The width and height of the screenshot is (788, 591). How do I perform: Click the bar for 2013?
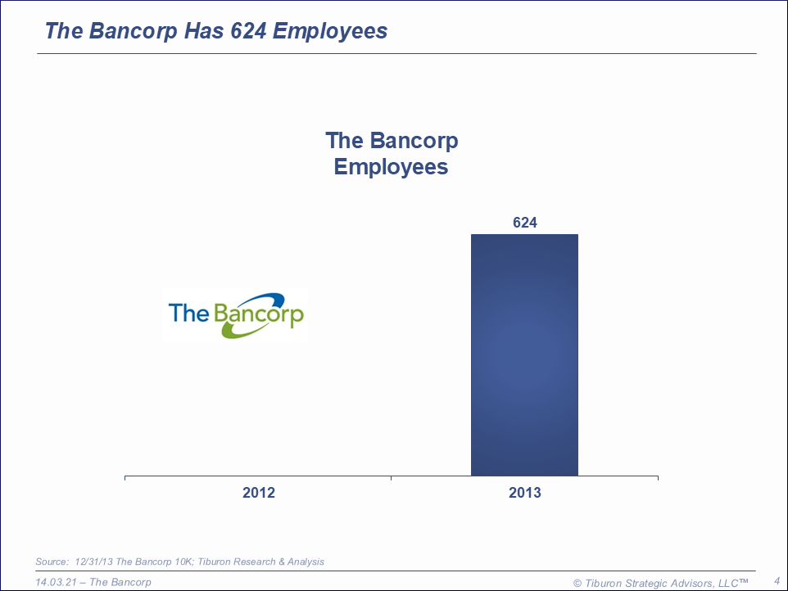tap(524, 354)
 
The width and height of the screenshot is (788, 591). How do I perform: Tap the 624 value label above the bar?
tap(525, 223)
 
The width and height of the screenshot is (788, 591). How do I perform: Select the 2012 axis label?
tap(259, 493)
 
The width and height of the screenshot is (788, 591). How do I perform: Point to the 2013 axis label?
tap(525, 493)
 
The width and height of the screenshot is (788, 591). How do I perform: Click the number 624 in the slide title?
tap(248, 30)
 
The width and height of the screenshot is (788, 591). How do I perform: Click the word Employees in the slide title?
tap(330, 32)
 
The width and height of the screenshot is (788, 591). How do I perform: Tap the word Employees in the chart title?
tap(391, 167)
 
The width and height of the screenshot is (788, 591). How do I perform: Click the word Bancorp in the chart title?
tap(414, 142)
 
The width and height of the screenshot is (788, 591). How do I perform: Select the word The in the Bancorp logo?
tap(188, 313)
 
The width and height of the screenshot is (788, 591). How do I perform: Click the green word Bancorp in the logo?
tap(259, 314)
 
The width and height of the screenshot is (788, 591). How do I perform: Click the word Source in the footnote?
tap(52, 562)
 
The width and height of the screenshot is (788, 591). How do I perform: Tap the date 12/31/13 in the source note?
tap(94, 562)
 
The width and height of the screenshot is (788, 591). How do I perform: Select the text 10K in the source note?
tap(184, 562)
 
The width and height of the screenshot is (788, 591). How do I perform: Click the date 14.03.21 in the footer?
tap(56, 582)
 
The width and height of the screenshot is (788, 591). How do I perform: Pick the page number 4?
tap(777, 581)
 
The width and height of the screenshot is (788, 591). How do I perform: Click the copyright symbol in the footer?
tap(577, 584)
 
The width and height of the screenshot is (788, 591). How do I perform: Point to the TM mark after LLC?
tap(743, 580)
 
